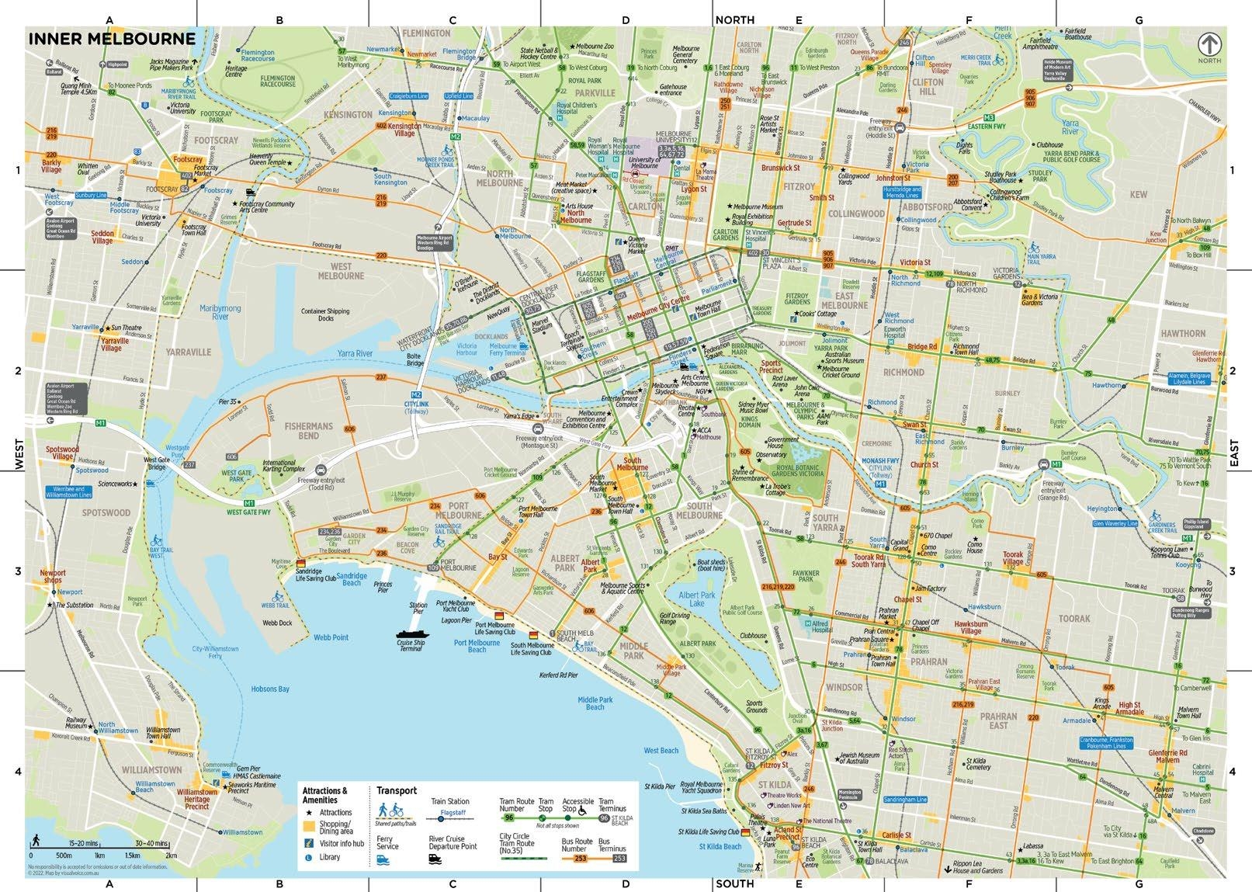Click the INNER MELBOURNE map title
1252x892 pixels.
coord(112,39)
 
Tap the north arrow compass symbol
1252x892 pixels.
coord(1209,44)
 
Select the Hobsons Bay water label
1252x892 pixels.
coord(270,689)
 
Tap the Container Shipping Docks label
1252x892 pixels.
coord(325,314)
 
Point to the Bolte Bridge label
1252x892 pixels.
coord(415,359)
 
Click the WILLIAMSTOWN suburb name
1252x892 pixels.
coord(151,770)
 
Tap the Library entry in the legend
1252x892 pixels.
coord(328,857)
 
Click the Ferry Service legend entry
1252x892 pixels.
coord(387,843)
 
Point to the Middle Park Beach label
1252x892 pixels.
coord(595,703)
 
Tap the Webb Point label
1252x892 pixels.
coord(331,637)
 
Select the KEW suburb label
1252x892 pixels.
coord(1139,194)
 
